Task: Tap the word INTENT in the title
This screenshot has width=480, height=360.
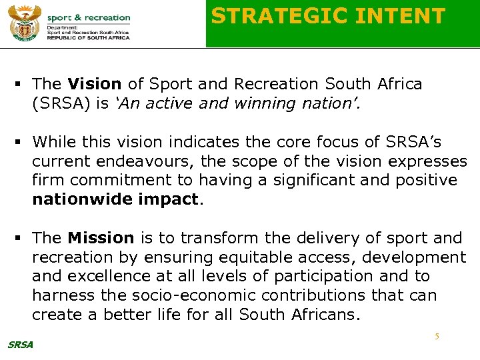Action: tap(407, 16)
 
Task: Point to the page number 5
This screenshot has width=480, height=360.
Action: tap(437, 337)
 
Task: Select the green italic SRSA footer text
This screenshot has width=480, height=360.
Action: tap(20, 344)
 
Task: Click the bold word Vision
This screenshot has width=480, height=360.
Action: tap(94, 84)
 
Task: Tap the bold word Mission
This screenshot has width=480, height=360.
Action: tap(101, 238)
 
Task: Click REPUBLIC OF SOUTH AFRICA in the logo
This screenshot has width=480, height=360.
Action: tap(89, 38)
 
